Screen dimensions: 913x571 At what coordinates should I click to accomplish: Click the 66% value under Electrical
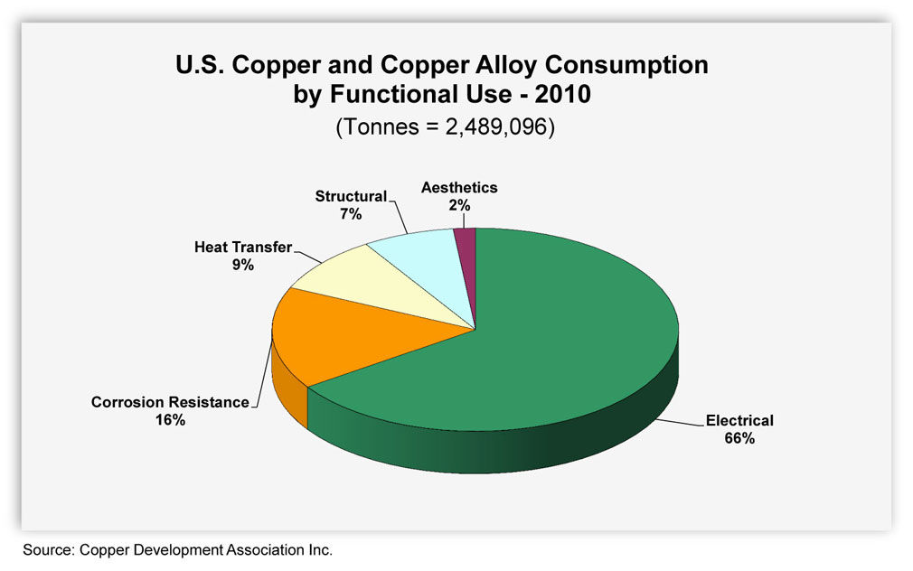pos(739,438)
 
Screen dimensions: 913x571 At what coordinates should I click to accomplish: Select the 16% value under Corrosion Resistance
pos(170,420)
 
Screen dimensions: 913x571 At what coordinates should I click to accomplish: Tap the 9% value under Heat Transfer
pos(243,266)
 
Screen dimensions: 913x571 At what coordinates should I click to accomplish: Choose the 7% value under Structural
pos(351,214)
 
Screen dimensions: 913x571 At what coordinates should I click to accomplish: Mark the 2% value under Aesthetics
pos(459,205)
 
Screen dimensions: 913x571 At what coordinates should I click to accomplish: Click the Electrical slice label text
pos(739,420)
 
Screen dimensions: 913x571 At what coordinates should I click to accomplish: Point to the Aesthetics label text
pos(459,187)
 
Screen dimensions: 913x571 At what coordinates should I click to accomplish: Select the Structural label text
pos(351,196)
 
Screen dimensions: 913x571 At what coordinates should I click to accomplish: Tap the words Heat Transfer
pos(243,248)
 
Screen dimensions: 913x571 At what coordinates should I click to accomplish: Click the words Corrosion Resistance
pos(170,402)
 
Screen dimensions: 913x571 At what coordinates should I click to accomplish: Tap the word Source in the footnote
pos(48,550)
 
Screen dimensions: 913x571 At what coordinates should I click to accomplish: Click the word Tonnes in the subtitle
pos(381,126)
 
